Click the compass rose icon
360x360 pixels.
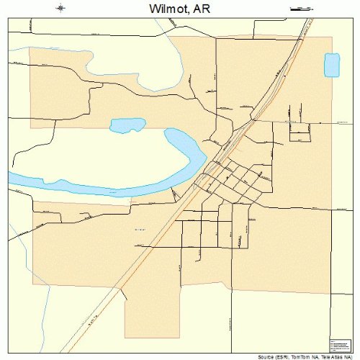(61, 9)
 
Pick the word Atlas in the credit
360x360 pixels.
(337, 356)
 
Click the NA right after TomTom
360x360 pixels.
(315, 356)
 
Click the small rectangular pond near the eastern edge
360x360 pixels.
(332, 65)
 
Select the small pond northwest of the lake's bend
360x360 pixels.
(127, 126)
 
